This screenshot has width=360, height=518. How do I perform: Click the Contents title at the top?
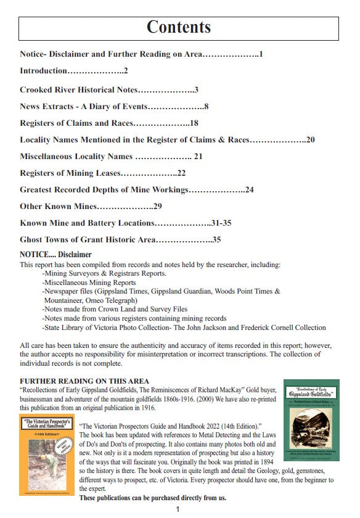tap(179, 27)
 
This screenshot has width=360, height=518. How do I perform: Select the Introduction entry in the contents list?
tap(43, 71)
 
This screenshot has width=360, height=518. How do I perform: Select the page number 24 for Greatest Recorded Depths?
tap(249, 190)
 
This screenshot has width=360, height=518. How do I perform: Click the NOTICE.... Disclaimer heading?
tap(55, 254)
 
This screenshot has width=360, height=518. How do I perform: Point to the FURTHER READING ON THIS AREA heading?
tap(84, 381)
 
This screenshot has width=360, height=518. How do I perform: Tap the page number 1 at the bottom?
tap(178, 509)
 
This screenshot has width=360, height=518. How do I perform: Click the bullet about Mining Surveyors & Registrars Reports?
tap(104, 273)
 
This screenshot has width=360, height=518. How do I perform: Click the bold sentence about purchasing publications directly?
tap(153, 498)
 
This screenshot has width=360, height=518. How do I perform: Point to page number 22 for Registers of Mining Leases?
tap(181, 173)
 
